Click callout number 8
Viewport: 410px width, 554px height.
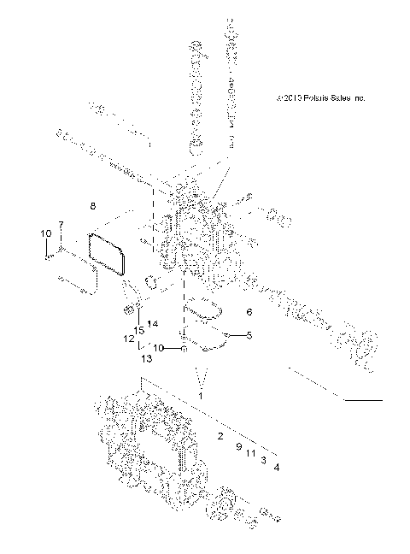click(93, 206)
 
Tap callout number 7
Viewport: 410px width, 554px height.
click(60, 225)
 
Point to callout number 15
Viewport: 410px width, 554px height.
click(137, 331)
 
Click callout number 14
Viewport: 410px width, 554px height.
click(153, 324)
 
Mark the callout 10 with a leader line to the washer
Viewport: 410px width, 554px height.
click(157, 348)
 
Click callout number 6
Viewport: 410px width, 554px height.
click(249, 312)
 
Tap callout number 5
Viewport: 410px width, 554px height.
click(249, 335)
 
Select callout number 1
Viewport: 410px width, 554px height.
click(201, 397)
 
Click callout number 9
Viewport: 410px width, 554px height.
click(238, 447)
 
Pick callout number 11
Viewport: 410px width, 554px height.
click(251, 453)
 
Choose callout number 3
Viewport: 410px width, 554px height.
click(264, 460)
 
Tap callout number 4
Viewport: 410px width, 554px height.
click(276, 467)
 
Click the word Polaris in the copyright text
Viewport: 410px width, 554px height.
click(307, 98)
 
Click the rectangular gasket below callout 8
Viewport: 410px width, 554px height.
click(108, 254)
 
